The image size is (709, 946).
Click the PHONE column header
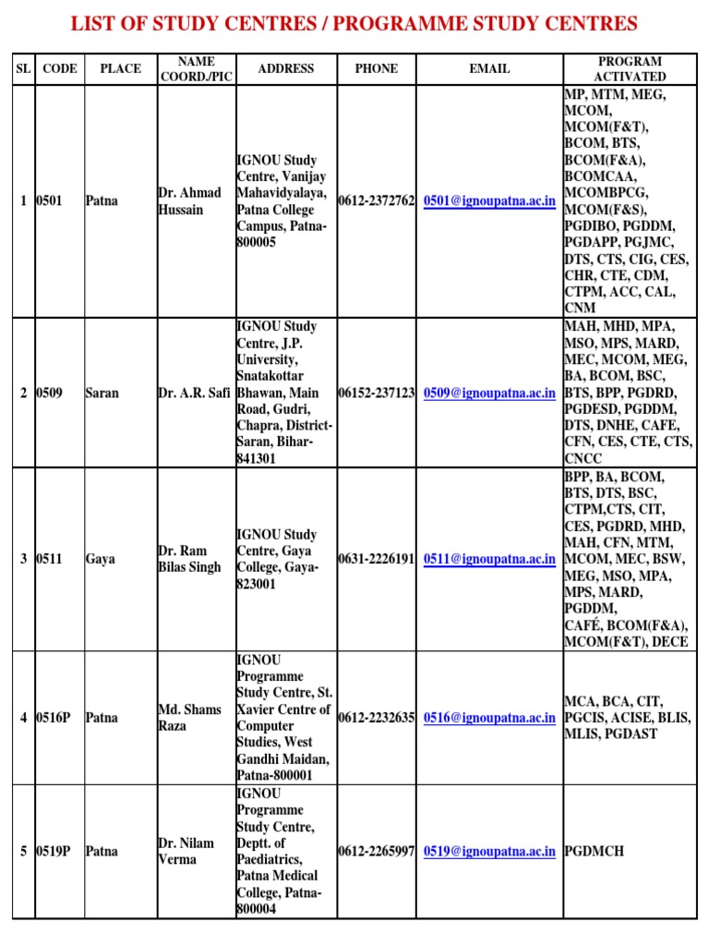click(x=377, y=68)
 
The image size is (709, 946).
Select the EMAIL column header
click(x=489, y=68)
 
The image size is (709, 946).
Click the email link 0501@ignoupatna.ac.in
click(x=489, y=200)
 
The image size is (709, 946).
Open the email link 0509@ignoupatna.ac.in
click(x=489, y=393)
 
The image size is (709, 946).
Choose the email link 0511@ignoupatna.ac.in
click(x=489, y=559)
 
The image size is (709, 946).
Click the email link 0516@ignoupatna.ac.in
click(x=489, y=718)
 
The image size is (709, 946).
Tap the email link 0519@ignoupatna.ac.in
click(x=489, y=851)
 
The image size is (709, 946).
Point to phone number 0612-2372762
click(x=377, y=200)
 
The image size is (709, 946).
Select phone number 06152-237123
click(x=377, y=393)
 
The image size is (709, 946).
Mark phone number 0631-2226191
click(x=377, y=559)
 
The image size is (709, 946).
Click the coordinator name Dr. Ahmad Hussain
click(x=190, y=201)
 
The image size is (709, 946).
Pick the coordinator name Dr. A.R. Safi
click(x=194, y=393)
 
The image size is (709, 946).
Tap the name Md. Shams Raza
click(x=190, y=718)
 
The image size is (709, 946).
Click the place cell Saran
click(x=102, y=393)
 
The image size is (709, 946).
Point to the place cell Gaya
click(x=101, y=559)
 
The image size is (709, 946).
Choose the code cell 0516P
click(x=54, y=718)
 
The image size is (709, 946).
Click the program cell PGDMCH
click(x=595, y=851)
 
